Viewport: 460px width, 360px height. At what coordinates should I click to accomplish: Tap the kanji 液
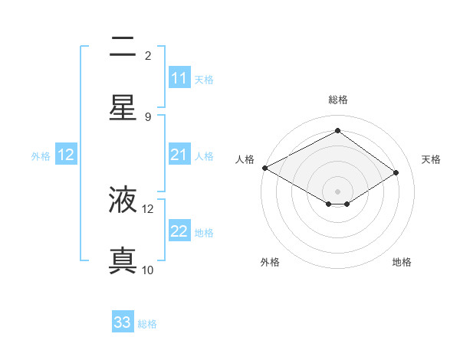(123, 201)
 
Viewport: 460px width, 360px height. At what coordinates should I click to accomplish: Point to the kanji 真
(123, 260)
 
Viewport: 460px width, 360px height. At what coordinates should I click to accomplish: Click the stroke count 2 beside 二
(148, 56)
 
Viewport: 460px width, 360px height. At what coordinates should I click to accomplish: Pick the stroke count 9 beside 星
(148, 116)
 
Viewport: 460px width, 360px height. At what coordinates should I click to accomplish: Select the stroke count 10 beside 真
(148, 270)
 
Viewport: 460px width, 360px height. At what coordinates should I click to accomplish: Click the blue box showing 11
(179, 78)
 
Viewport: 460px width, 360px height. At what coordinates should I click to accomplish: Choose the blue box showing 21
(179, 155)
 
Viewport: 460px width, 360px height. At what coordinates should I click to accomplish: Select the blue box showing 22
(179, 231)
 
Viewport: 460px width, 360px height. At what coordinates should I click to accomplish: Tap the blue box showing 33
(123, 322)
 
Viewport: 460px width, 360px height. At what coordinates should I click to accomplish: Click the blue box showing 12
(66, 155)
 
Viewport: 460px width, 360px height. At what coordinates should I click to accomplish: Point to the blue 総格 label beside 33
(147, 324)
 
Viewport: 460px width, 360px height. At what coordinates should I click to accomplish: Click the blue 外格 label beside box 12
(41, 155)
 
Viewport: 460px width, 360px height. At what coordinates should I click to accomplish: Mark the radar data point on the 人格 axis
(264, 168)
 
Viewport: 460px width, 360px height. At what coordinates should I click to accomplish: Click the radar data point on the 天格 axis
(396, 173)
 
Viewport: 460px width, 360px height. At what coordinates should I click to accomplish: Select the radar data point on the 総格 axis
(337, 131)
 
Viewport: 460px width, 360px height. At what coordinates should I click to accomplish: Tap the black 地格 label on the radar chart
(402, 263)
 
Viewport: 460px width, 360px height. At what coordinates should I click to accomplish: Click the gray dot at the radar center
(337, 191)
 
